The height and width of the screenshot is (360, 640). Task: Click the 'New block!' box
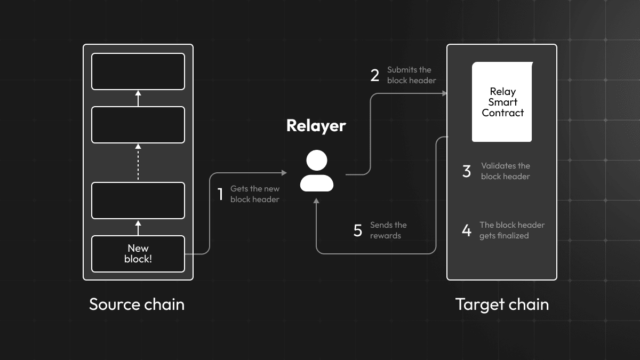[x=138, y=254]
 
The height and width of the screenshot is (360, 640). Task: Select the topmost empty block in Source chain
[x=138, y=71]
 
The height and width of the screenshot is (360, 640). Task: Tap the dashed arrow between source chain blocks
[x=138, y=162]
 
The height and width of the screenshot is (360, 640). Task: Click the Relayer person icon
[x=317, y=171]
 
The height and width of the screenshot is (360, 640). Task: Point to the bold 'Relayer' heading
[x=316, y=125]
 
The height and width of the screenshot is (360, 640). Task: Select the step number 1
[x=220, y=194]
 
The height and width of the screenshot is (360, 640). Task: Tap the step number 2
[x=375, y=75]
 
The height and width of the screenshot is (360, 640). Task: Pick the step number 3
[x=467, y=171]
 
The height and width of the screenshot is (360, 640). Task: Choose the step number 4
[x=467, y=230]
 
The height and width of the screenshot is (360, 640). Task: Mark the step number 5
[x=358, y=230]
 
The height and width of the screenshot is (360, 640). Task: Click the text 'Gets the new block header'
[x=255, y=194]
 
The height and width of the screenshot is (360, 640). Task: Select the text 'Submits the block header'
[x=411, y=75]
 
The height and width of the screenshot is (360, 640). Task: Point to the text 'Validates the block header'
[x=506, y=171]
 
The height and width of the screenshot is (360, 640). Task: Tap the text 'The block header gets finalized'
[x=511, y=230]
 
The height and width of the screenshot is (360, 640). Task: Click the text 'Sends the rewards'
[x=388, y=230]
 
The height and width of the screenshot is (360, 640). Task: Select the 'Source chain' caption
[x=137, y=305]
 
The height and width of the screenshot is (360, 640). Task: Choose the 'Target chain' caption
[x=502, y=305]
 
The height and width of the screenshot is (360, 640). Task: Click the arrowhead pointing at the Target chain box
[x=444, y=94]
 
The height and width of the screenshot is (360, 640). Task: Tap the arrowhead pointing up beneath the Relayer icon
[x=317, y=201]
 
